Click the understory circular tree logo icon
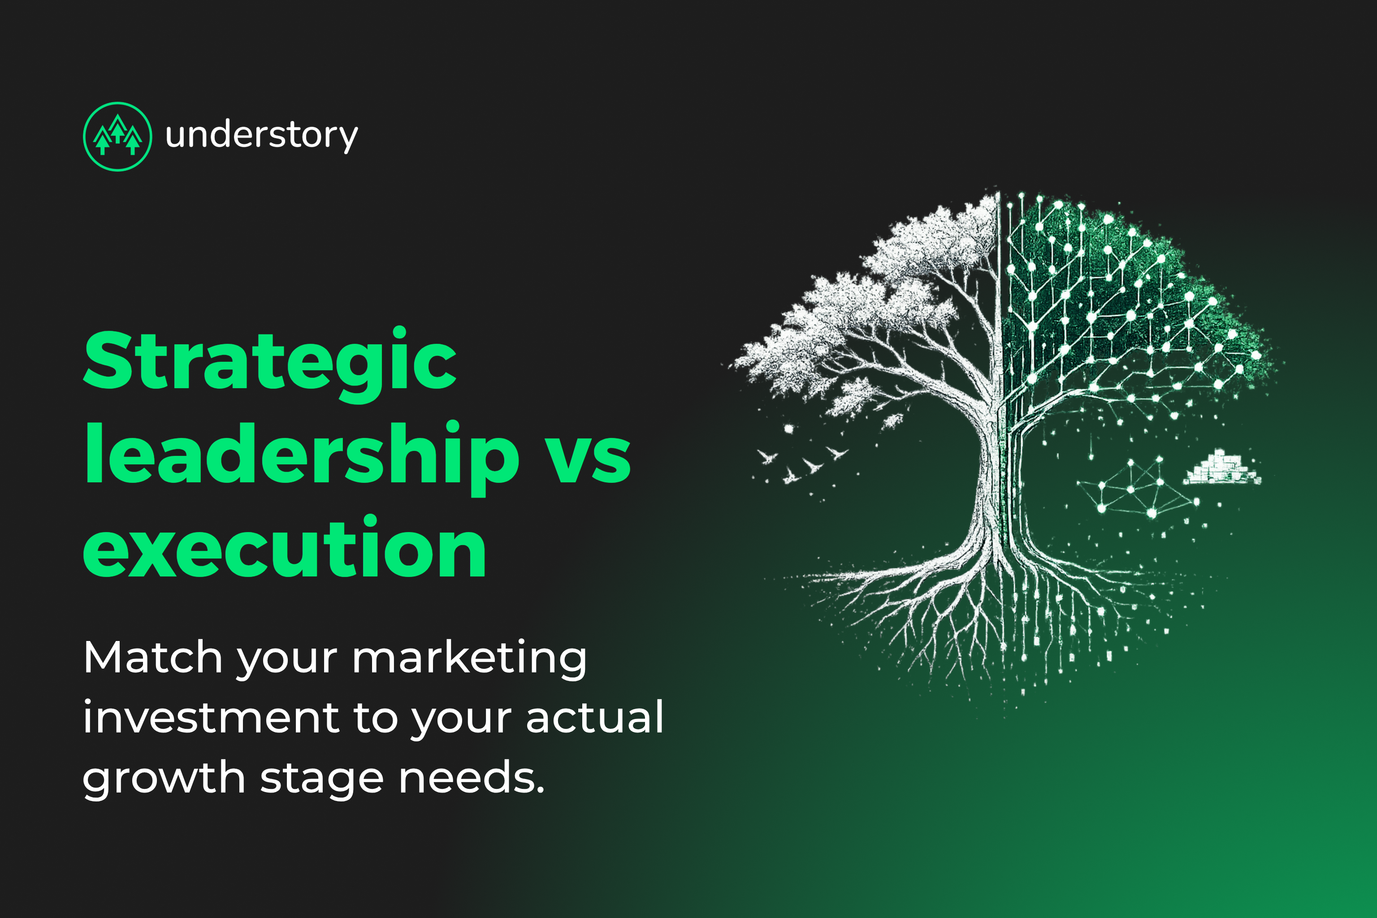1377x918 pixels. pos(118,136)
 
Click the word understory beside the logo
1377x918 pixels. pos(261,136)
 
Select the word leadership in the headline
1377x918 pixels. pos(302,455)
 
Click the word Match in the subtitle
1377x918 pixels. pos(152,658)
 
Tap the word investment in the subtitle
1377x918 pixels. pos(211,717)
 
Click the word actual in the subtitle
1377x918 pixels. pos(595,717)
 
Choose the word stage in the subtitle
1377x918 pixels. pos(321,779)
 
